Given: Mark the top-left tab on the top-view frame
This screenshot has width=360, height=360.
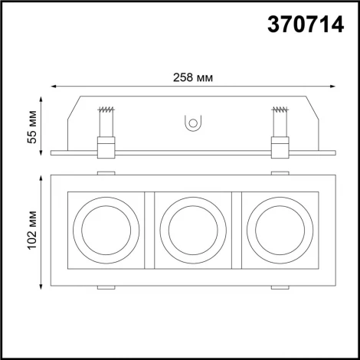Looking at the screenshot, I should tap(106, 172).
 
